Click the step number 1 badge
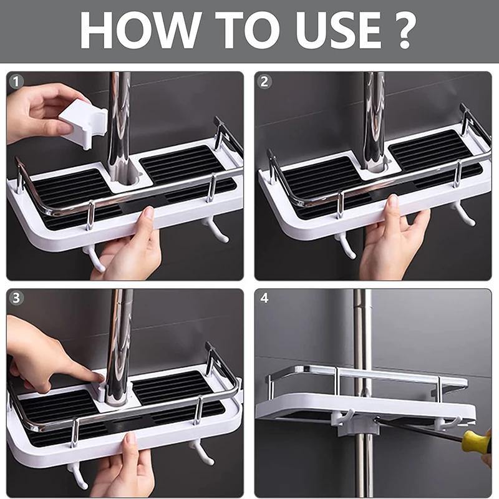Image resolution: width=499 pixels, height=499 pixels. (x=16, y=82)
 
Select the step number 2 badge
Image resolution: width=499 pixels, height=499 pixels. (x=264, y=82)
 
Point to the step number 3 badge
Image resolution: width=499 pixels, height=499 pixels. (x=16, y=298)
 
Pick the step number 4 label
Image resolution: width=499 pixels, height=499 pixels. (x=264, y=299)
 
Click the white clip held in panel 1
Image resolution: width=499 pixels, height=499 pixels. (x=84, y=123)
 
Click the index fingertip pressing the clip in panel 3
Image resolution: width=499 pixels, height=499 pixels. (x=99, y=378)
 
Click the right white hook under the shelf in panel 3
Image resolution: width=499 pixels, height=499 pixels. (x=200, y=452)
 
